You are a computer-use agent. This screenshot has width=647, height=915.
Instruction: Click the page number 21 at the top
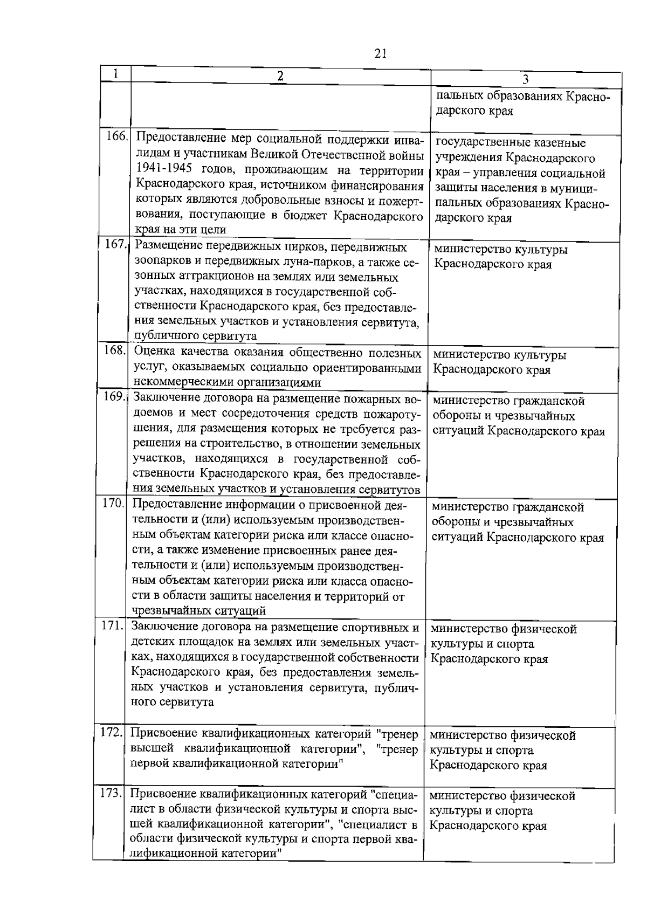pos(380,53)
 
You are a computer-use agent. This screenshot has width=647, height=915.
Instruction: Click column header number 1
pos(115,73)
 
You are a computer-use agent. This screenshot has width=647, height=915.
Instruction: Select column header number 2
pos(280,75)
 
